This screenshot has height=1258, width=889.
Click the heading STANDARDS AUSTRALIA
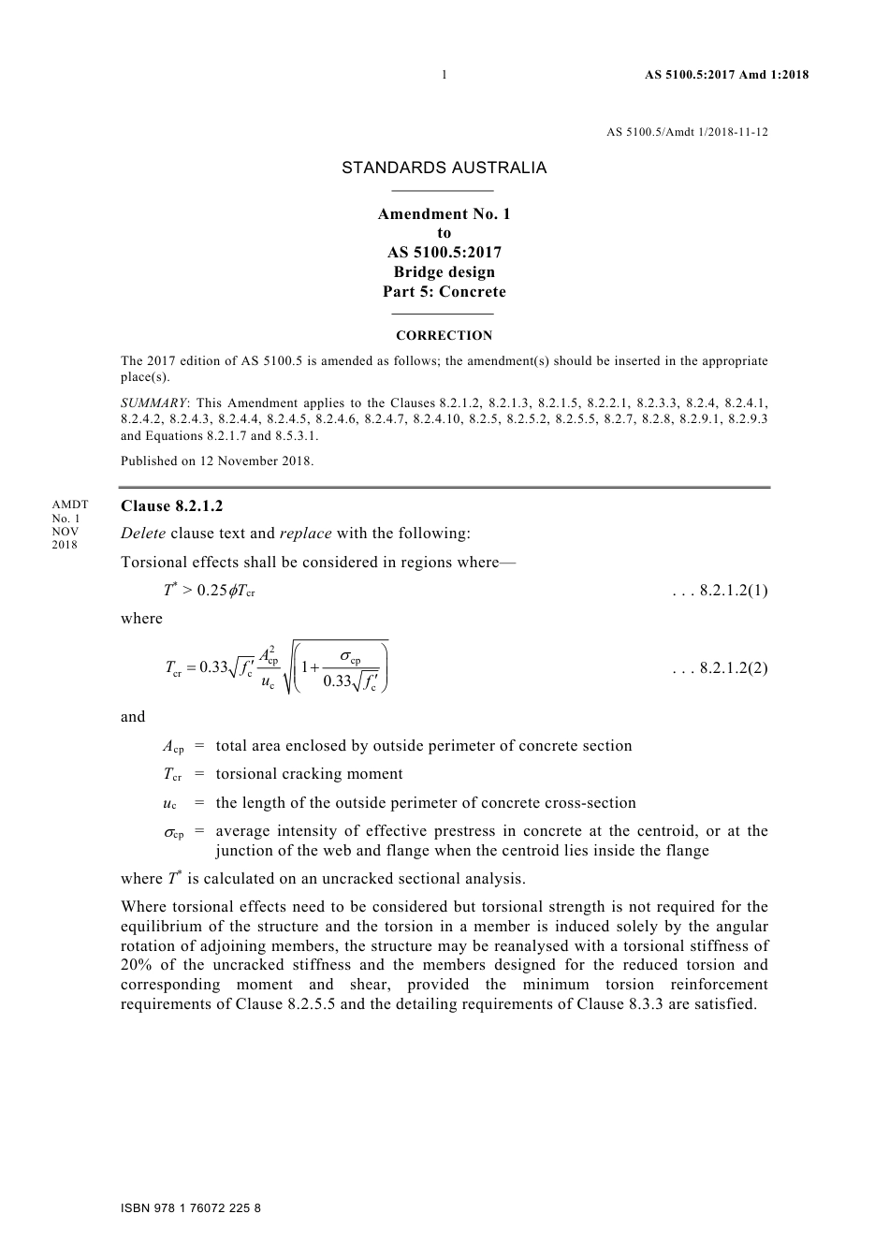point(444,168)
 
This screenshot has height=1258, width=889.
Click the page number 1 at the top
point(444,75)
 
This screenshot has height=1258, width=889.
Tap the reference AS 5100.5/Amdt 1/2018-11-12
point(687,132)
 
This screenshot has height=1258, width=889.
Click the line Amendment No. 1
point(444,214)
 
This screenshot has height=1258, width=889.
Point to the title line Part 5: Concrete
point(444,292)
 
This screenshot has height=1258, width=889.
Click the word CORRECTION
point(444,336)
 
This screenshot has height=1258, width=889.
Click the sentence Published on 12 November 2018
point(217,461)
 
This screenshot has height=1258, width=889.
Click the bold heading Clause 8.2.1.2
point(172,506)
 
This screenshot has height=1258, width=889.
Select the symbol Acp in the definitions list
point(173,747)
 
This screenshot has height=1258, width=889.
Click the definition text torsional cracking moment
point(309,774)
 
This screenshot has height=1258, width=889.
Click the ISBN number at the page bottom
point(191,1208)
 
